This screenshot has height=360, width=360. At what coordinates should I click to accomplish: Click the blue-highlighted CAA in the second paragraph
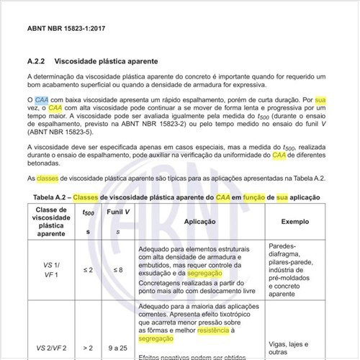click(42, 98)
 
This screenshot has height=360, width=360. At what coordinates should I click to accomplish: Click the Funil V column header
click(117, 213)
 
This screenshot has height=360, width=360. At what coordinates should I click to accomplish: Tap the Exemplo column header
click(295, 223)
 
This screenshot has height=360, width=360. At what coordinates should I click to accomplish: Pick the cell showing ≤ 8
click(117, 269)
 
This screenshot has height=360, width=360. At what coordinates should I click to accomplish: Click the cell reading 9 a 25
click(117, 348)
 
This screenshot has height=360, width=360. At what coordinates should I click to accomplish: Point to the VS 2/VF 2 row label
click(51, 348)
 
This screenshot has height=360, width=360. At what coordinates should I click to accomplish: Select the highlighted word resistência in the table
click(217, 329)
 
